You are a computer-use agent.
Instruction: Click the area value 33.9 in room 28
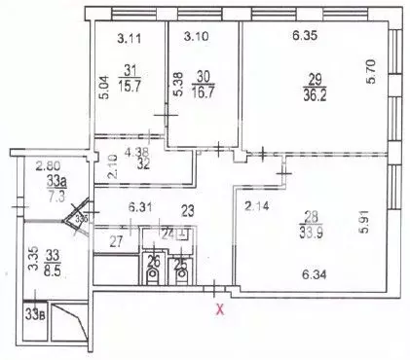pyautogui.click(x=314, y=232)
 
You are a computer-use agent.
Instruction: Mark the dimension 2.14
pyautogui.click(x=256, y=205)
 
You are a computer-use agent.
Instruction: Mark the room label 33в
pyautogui.click(x=35, y=314)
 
